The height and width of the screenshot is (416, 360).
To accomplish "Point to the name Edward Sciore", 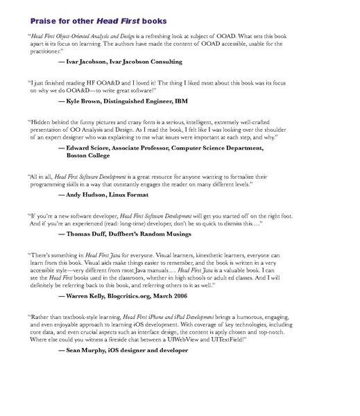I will click(x=91, y=148).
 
